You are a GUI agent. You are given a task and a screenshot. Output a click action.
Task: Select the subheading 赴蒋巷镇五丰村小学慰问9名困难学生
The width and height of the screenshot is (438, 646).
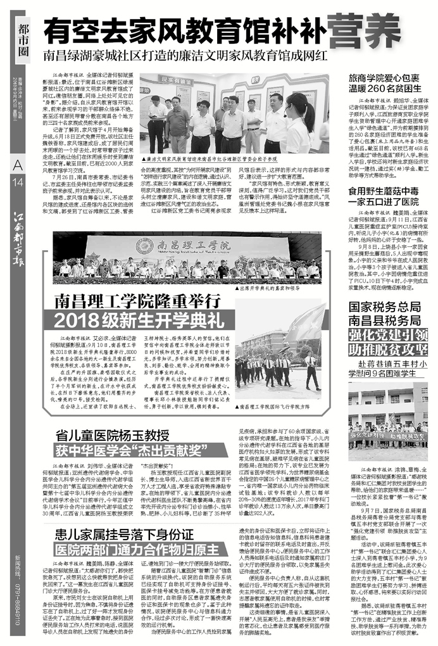click(x=388, y=369)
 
